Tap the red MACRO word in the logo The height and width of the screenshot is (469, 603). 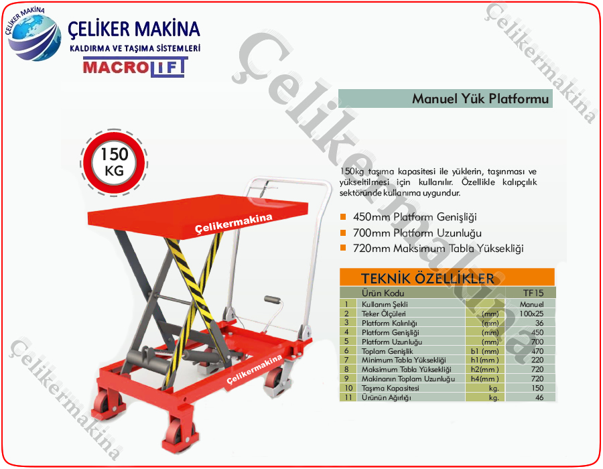tap(115, 67)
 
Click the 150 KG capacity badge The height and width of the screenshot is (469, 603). tap(114, 163)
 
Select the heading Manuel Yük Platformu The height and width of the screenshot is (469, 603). tap(480, 98)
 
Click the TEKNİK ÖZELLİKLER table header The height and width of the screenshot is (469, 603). tap(427, 278)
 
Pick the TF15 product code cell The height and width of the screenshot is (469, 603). tap(533, 293)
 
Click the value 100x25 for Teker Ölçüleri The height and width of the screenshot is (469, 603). tap(531, 314)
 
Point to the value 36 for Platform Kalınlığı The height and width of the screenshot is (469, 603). tap(539, 323)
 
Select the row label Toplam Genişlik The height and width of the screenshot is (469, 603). tap(387, 351)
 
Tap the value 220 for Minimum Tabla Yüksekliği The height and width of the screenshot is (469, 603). tap(537, 360)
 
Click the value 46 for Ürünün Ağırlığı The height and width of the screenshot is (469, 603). tap(539, 397)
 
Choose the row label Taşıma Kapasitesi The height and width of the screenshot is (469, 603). tap(390, 388)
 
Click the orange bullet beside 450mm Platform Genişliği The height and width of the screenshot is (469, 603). tap(343, 217)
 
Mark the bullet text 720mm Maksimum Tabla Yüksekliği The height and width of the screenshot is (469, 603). tap(438, 249)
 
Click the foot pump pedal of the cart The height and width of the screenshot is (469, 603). tap(272, 299)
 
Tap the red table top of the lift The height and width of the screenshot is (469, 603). tap(198, 215)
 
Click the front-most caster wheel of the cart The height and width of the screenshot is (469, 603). tap(178, 436)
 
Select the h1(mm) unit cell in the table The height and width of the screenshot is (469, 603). tap(484, 360)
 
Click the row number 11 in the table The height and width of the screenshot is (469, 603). tap(348, 397)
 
